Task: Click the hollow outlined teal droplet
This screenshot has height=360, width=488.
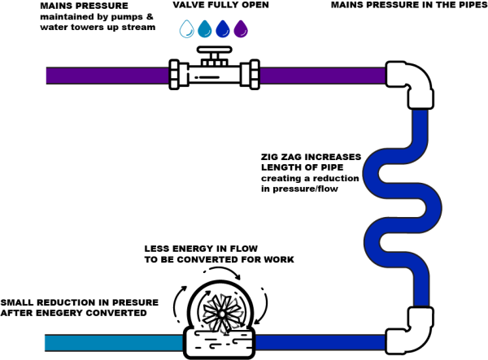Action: click(x=186, y=29)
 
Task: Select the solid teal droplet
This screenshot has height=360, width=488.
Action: click(x=204, y=29)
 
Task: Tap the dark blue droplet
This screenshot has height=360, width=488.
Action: click(x=223, y=29)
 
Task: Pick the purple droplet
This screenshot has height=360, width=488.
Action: click(x=241, y=29)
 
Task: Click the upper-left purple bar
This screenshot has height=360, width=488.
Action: click(x=107, y=76)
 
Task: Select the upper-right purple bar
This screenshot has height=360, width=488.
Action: click(x=322, y=76)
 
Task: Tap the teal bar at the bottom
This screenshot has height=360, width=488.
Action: click(x=113, y=343)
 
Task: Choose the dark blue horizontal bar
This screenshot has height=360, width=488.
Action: click(x=320, y=343)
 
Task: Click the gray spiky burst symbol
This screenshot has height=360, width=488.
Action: click(x=223, y=314)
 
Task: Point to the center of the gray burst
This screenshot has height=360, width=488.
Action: click(x=223, y=314)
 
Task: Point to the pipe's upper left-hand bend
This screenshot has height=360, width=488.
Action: click(x=372, y=171)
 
